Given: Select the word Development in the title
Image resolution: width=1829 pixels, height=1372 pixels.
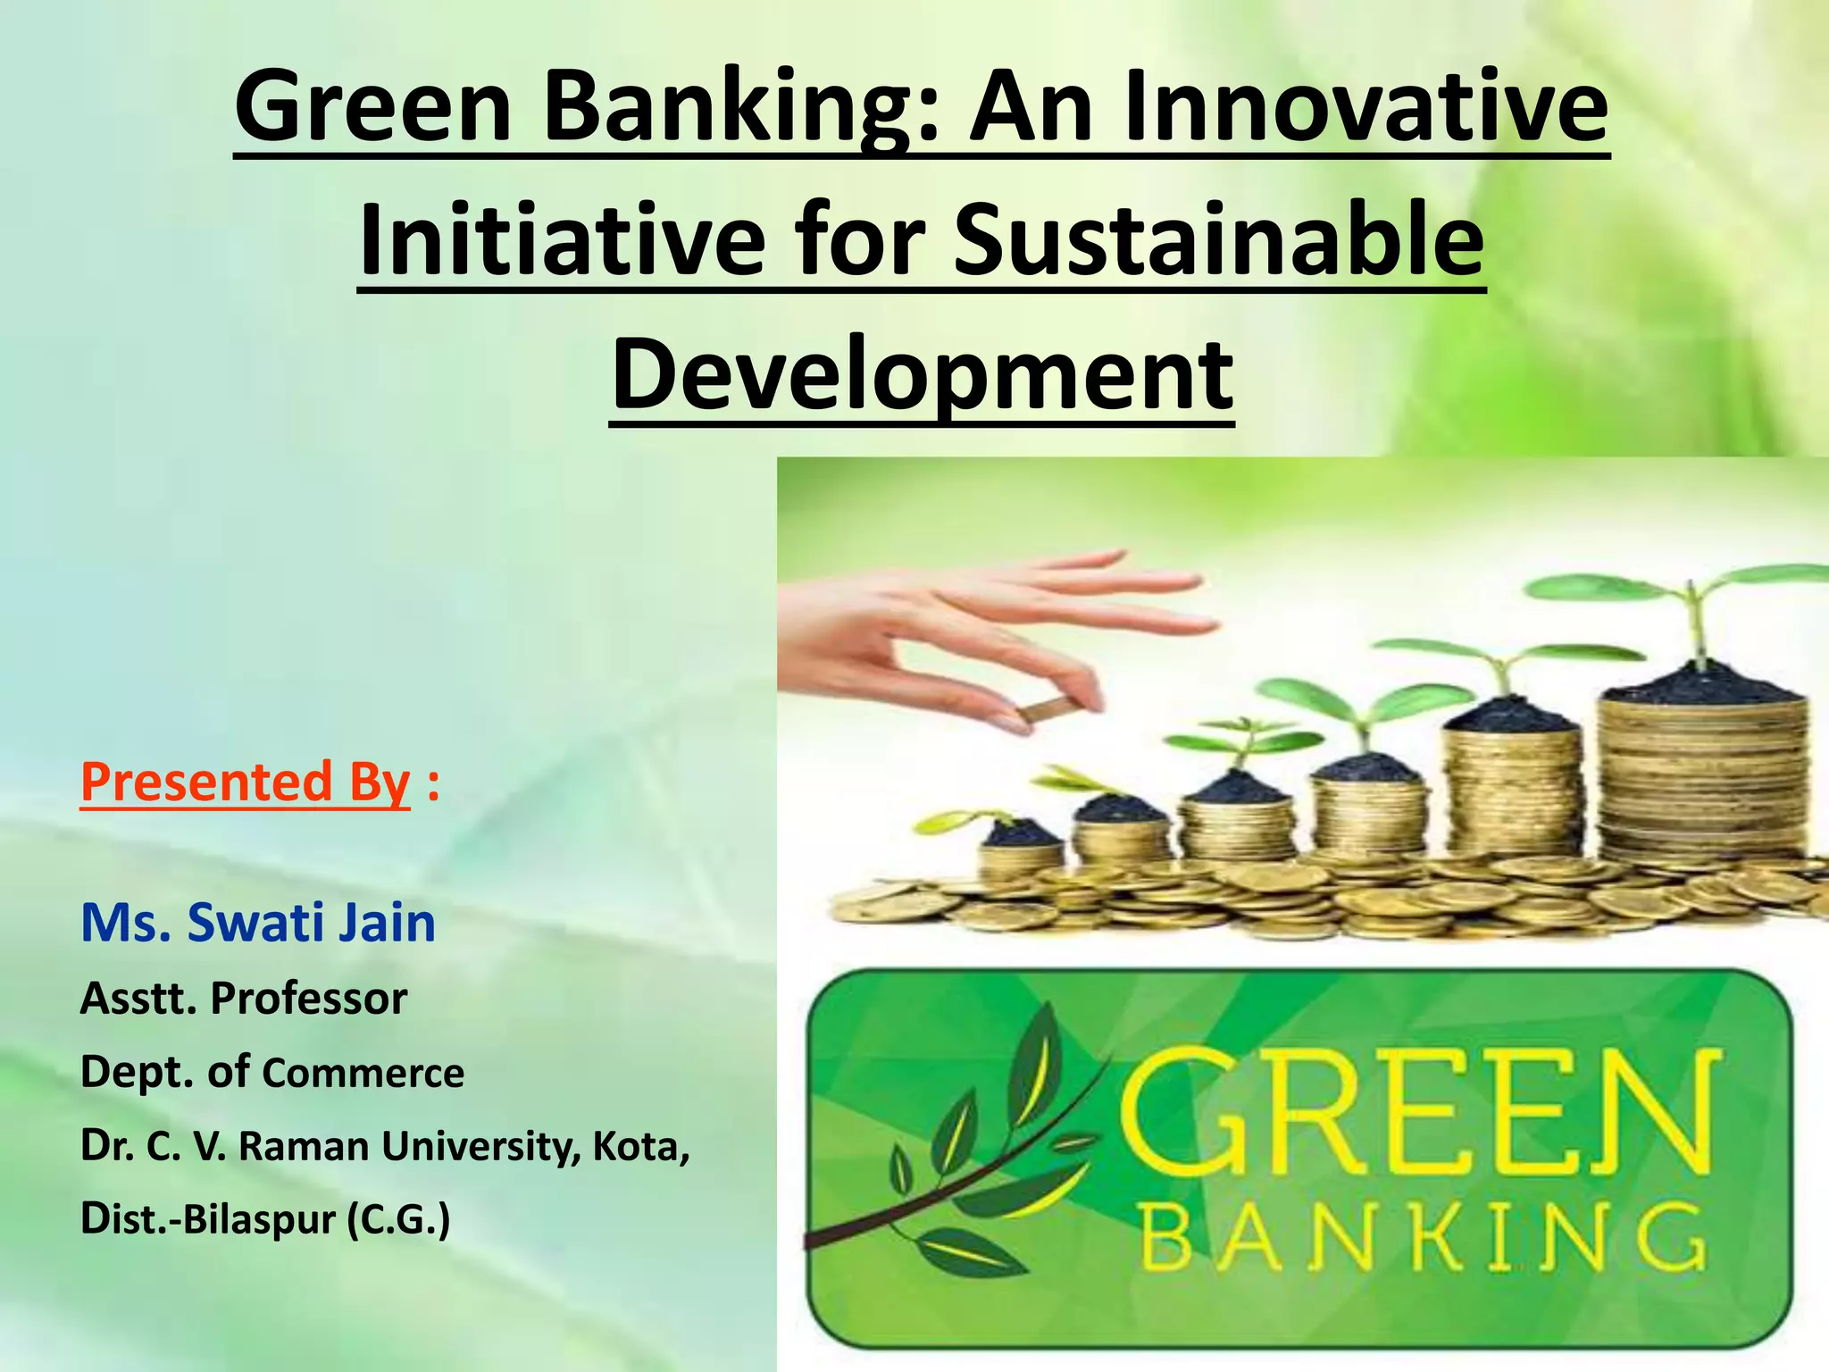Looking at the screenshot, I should (x=922, y=373).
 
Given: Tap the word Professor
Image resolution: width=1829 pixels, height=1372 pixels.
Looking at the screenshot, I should (x=308, y=998).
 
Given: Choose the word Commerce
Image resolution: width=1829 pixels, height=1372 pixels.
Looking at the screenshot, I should (x=363, y=1073).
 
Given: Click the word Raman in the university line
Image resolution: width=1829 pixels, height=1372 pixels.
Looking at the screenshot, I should (x=303, y=1146).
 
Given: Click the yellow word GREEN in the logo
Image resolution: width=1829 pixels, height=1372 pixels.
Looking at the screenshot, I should (x=1420, y=1108).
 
